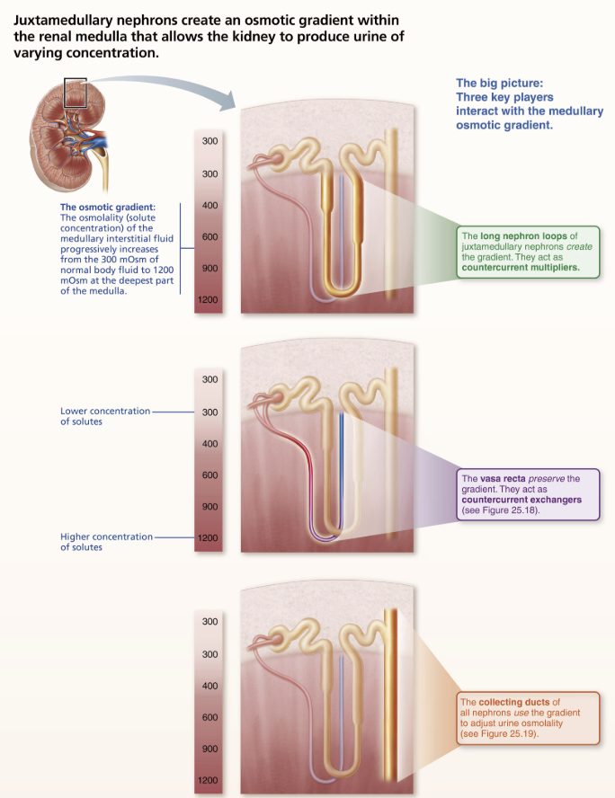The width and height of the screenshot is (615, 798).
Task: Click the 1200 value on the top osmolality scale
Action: click(209, 300)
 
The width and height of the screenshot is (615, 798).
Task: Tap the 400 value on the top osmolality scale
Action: click(209, 206)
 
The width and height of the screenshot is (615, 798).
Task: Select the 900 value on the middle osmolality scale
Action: click(209, 507)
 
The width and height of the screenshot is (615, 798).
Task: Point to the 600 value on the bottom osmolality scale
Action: click(209, 717)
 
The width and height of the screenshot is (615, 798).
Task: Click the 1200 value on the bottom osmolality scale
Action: click(209, 781)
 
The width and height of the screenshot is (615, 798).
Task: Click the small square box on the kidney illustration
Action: click(76, 93)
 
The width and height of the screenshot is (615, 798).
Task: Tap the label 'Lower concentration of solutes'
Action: click(104, 416)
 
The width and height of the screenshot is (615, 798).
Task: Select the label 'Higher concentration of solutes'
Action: click(106, 542)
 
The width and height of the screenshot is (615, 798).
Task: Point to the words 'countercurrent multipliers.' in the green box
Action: click(520, 268)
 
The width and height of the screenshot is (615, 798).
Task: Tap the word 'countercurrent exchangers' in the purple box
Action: click(521, 499)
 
